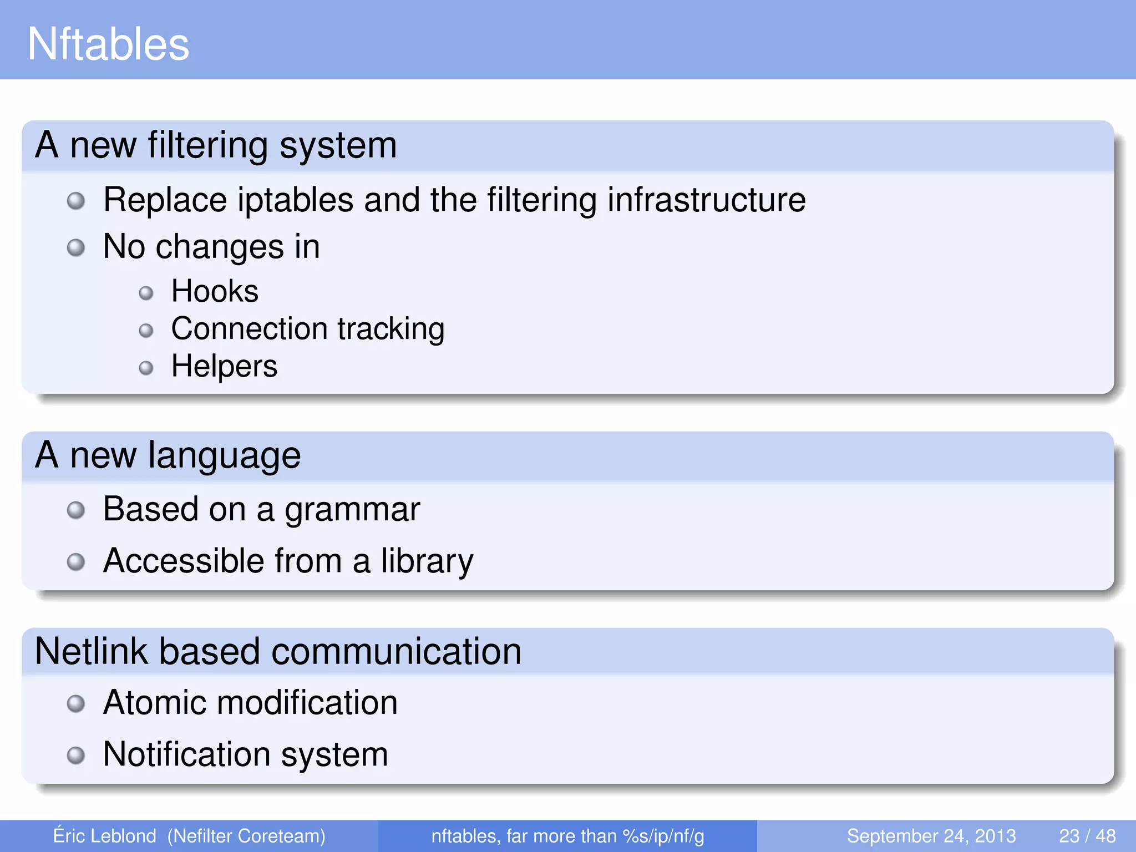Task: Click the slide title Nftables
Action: click(108, 44)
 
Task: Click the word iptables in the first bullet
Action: click(295, 200)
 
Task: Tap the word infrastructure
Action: click(706, 200)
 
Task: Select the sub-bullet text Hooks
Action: click(215, 291)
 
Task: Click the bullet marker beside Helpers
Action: click(146, 368)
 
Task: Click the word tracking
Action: click(391, 329)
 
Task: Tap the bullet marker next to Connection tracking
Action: click(146, 331)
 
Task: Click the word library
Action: click(427, 561)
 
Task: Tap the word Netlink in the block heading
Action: click(92, 651)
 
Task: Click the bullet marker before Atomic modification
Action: click(76, 704)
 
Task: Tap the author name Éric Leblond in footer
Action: click(104, 836)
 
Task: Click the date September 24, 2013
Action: click(931, 836)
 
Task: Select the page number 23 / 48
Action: click(1087, 836)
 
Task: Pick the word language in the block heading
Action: click(224, 456)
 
